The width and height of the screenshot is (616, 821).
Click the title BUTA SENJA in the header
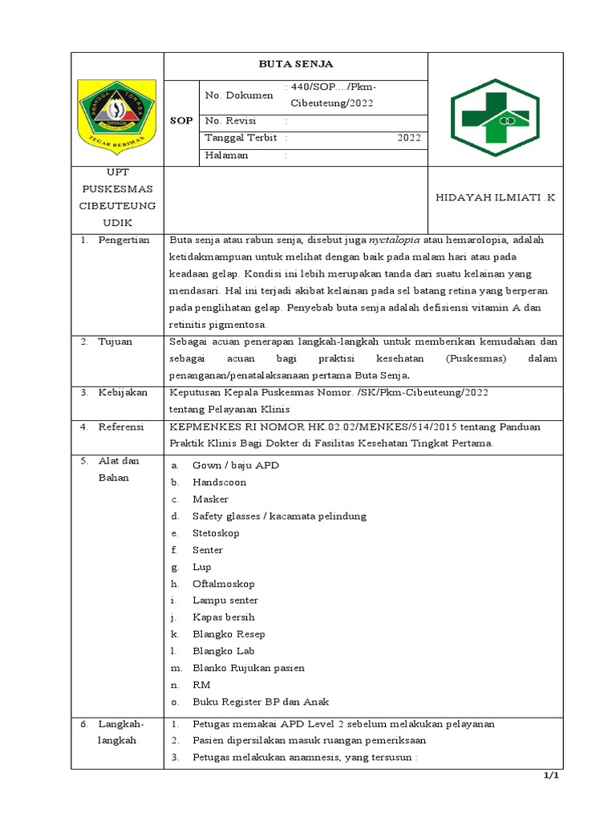pyautogui.click(x=295, y=64)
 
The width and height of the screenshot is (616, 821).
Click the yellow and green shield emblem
pyautogui.click(x=116, y=112)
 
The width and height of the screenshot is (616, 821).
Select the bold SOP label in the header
pyautogui.click(x=181, y=120)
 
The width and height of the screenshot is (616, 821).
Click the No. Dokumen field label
pyautogui.click(x=238, y=95)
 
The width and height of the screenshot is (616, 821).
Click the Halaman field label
pyautogui.click(x=227, y=156)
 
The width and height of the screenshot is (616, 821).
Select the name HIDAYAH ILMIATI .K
pyautogui.click(x=495, y=198)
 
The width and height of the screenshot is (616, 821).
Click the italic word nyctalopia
pyautogui.click(x=394, y=241)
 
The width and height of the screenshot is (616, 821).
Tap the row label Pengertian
pyautogui.click(x=124, y=241)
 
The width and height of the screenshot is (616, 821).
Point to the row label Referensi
pyautogui.click(x=120, y=427)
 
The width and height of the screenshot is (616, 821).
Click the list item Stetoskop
pyautogui.click(x=216, y=533)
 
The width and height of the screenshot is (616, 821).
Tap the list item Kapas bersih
pyautogui.click(x=223, y=617)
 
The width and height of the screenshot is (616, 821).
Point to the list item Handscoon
pyautogui.click(x=219, y=483)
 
